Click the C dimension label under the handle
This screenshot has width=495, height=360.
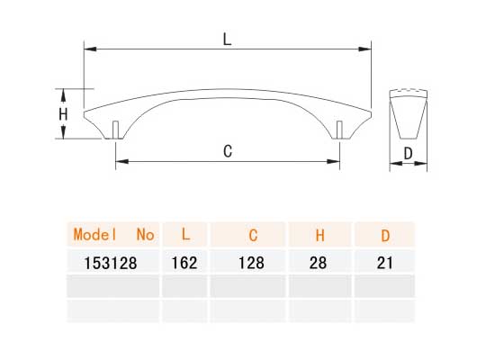tap(229, 151)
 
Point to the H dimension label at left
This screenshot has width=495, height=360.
tap(63, 114)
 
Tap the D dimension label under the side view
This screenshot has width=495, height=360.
tap(408, 154)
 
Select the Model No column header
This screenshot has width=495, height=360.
tap(113, 235)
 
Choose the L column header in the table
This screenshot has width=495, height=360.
tap(184, 235)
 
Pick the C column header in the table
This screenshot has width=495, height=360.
tap(253, 236)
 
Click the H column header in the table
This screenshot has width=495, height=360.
tap(319, 236)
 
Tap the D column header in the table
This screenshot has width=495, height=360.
tap(385, 236)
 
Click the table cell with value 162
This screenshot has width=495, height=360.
tap(184, 263)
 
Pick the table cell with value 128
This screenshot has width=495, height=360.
tap(253, 263)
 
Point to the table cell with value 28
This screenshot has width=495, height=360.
tap(319, 263)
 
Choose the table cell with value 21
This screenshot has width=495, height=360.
tap(385, 263)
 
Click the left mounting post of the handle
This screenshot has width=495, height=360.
tap(117, 129)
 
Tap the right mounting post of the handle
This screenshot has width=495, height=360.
tap(339, 129)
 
